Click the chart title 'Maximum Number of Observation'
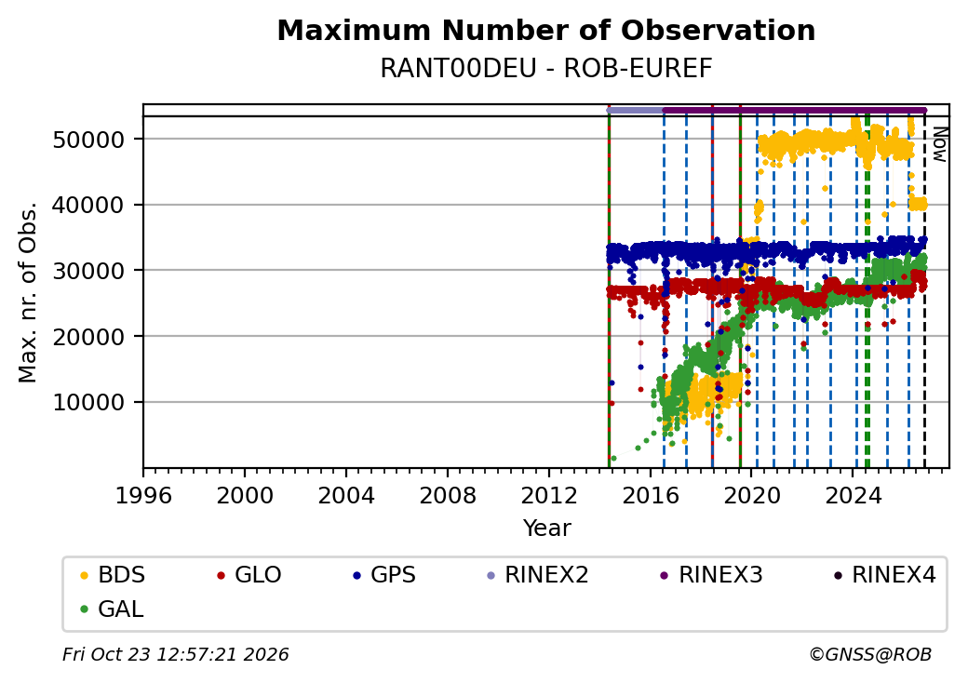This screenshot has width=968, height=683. pyautogui.click(x=545, y=30)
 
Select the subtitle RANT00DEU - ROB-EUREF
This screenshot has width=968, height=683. pyautogui.click(x=545, y=69)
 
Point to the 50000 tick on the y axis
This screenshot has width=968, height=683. pyautogui.click(x=89, y=141)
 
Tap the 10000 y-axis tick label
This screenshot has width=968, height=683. pyautogui.click(x=89, y=403)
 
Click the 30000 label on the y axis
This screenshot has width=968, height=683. pyautogui.click(x=89, y=271)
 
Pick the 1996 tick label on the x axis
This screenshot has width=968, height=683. pyautogui.click(x=143, y=495)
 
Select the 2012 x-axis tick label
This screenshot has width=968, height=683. pyautogui.click(x=549, y=495)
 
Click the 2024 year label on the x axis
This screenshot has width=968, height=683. pyautogui.click(x=853, y=495)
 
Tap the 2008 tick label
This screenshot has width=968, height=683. pyautogui.click(x=448, y=495)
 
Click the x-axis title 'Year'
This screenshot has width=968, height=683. pyautogui.click(x=546, y=529)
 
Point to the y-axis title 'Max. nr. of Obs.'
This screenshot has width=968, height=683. pyautogui.click(x=28, y=292)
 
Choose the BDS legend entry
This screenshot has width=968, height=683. pyautogui.click(x=113, y=575)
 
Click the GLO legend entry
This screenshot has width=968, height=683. pyautogui.click(x=249, y=575)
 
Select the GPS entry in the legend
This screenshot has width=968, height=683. pyautogui.click(x=384, y=575)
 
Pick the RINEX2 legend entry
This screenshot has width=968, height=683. pyautogui.click(x=537, y=575)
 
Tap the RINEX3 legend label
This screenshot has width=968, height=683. pyautogui.click(x=711, y=575)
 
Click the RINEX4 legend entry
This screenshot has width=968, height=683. pyautogui.click(x=884, y=575)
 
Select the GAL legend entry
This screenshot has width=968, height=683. pyautogui.click(x=112, y=609)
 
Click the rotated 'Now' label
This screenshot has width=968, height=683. pyautogui.click(x=939, y=144)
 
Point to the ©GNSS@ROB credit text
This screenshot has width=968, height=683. pyautogui.click(x=870, y=654)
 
